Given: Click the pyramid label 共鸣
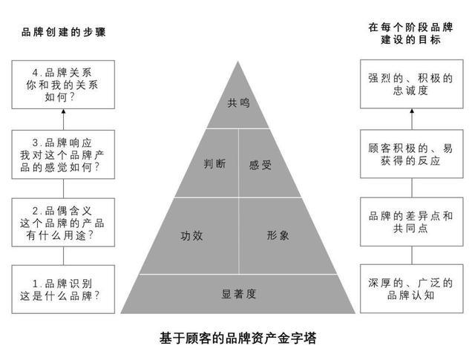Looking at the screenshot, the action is click(238, 103).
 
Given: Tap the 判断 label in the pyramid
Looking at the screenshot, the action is click(214, 164).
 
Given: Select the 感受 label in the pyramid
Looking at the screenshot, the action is click(261, 165).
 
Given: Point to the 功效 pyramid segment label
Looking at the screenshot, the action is click(191, 236).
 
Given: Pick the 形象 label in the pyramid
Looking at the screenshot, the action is click(278, 235).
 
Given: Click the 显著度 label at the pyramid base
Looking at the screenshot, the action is click(239, 294).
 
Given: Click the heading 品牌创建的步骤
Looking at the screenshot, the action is click(64, 32).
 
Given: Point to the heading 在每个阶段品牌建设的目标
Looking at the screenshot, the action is click(410, 33).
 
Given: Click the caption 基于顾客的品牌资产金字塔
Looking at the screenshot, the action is click(237, 338).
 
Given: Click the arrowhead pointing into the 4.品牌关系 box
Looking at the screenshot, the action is click(63, 111).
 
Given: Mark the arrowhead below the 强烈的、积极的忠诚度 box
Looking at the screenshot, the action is click(412, 111).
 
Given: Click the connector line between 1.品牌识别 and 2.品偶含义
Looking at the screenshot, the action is click(63, 256).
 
